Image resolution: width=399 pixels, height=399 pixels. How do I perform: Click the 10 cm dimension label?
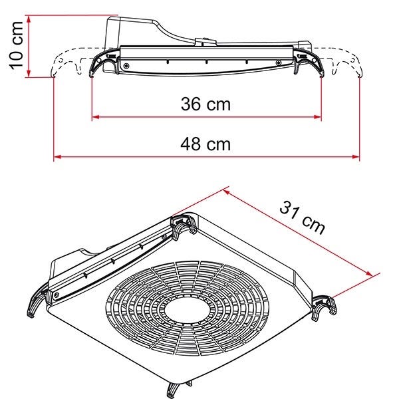(17, 45)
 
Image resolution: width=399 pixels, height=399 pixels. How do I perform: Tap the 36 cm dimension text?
(205, 104)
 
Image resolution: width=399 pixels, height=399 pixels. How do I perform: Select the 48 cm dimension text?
(205, 144)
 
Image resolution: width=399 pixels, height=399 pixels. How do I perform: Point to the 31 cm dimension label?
(302, 217)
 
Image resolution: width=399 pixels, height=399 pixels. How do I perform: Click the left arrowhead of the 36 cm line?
(95, 117)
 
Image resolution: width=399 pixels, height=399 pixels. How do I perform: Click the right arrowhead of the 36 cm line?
(318, 117)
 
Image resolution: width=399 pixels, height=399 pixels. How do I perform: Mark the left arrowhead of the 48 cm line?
(57, 157)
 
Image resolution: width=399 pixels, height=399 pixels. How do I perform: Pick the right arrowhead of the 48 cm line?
(356, 157)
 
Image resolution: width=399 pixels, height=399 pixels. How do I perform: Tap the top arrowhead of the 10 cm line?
(29, 19)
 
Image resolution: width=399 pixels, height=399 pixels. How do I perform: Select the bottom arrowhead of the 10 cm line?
(29, 73)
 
